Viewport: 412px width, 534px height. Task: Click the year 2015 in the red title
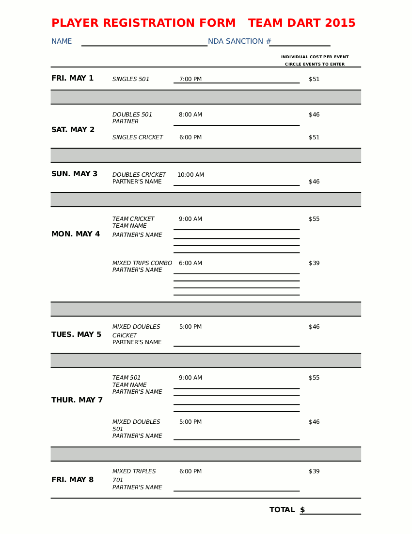(340, 23)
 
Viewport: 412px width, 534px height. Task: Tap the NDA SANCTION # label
(239, 42)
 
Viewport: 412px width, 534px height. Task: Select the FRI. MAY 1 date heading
(72, 79)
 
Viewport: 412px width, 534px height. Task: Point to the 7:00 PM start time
(190, 79)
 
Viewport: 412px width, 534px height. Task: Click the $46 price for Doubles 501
(314, 115)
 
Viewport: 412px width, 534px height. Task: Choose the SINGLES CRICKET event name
(138, 138)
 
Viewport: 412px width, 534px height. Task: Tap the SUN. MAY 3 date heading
(74, 174)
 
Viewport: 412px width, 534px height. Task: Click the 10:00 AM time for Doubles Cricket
(190, 175)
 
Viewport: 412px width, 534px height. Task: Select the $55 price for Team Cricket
(314, 219)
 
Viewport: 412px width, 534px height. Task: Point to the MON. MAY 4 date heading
(76, 234)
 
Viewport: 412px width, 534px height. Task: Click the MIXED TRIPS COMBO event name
(142, 264)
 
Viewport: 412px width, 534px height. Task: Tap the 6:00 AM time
(190, 264)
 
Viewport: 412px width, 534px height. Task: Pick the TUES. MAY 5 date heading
(76, 335)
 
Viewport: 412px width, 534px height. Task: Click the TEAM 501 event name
(127, 378)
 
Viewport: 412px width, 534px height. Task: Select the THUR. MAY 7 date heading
(77, 400)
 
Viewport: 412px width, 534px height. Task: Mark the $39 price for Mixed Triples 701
(314, 472)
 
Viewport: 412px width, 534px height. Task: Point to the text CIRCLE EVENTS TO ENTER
(315, 65)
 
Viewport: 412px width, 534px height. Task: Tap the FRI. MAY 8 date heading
(72, 480)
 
